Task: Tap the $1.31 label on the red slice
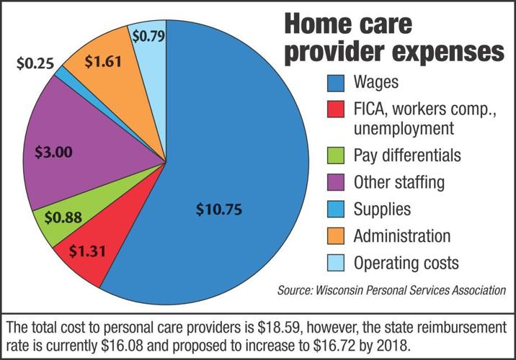click(x=89, y=250)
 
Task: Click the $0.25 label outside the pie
click(x=35, y=63)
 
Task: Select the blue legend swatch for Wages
click(x=337, y=82)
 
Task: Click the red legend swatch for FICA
click(x=337, y=111)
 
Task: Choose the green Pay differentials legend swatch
click(x=337, y=156)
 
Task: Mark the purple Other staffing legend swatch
click(x=337, y=182)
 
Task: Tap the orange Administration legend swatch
click(x=337, y=236)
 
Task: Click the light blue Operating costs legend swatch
click(x=337, y=263)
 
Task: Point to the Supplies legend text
click(x=382, y=210)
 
